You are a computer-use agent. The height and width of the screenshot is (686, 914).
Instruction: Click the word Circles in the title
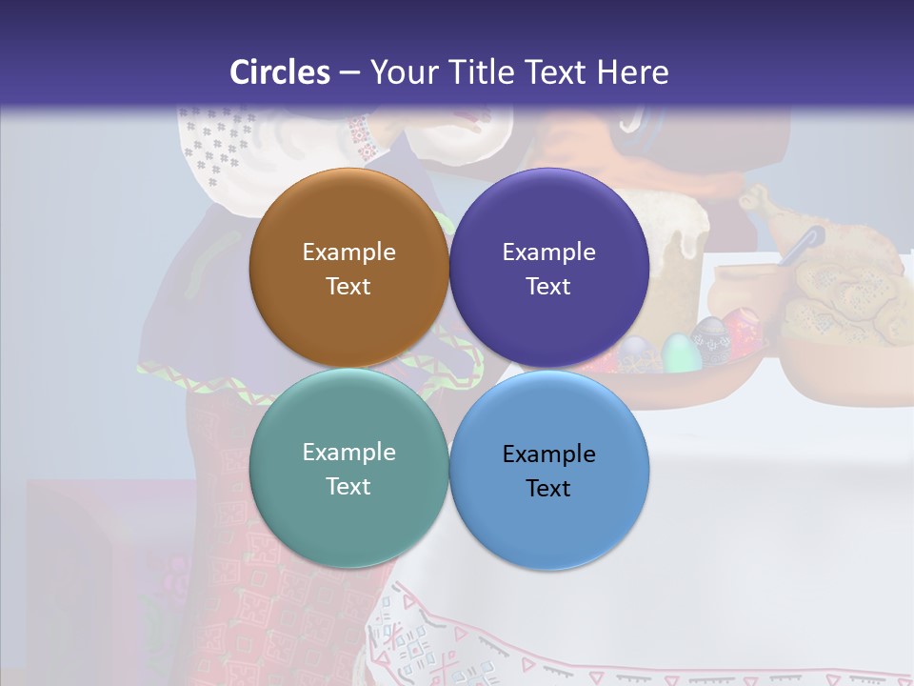(280, 71)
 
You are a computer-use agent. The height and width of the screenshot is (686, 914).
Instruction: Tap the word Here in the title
(632, 71)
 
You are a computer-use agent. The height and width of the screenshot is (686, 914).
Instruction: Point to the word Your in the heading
(403, 71)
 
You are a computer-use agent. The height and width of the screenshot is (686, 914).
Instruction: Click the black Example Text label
(548, 471)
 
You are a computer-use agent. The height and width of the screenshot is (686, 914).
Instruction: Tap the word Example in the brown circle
(348, 252)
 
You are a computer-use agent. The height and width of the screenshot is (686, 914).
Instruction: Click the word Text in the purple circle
(548, 286)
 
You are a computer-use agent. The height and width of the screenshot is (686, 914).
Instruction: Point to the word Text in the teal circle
(348, 486)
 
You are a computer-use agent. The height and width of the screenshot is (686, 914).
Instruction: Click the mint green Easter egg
(677, 352)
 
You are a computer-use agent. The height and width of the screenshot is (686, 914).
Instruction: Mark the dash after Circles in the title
(348, 73)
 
